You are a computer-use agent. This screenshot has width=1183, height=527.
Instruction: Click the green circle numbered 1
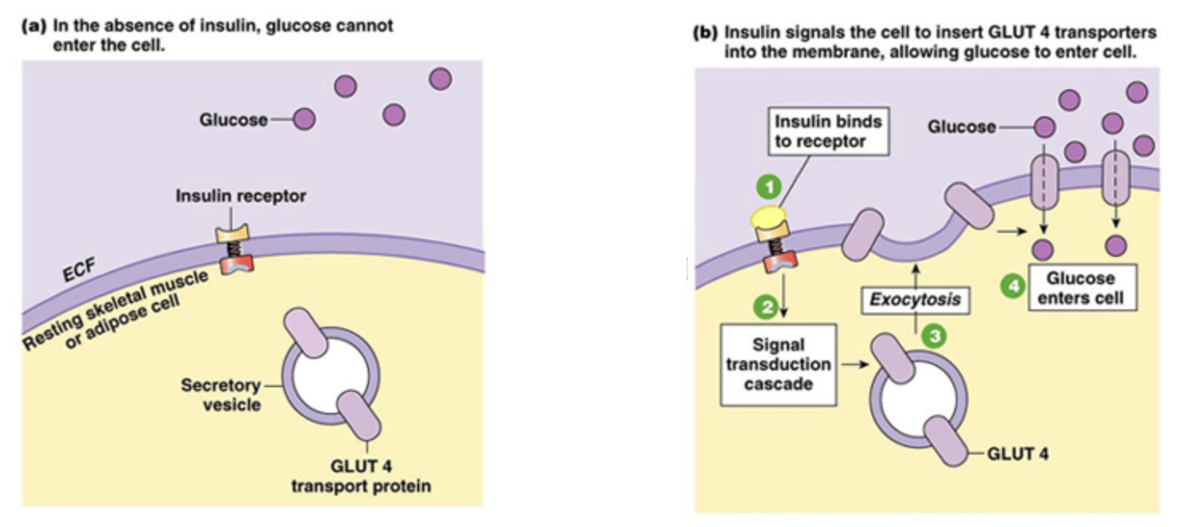tap(769, 186)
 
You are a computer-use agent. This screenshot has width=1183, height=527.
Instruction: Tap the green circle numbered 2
tap(766, 307)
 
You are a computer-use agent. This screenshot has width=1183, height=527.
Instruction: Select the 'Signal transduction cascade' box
tap(777, 364)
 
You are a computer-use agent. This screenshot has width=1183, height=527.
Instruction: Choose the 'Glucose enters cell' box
tap(1080, 287)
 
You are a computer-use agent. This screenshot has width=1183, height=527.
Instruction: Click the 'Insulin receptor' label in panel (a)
tap(241, 195)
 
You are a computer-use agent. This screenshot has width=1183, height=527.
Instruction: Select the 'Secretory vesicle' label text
tap(220, 394)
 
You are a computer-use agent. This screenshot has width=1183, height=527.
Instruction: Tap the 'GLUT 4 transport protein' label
tap(365, 475)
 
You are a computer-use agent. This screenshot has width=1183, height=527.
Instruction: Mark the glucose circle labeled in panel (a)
tap(303, 120)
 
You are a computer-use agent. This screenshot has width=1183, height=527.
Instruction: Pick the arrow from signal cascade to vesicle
tap(848, 365)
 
